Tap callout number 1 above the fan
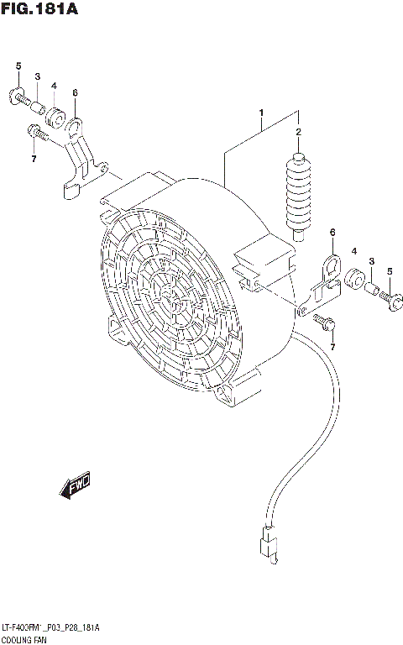coord(261,113)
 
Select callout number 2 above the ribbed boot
coord(297,133)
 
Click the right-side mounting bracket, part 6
coord(325,281)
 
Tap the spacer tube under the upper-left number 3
coord(37,105)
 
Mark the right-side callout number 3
coord(371,263)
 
